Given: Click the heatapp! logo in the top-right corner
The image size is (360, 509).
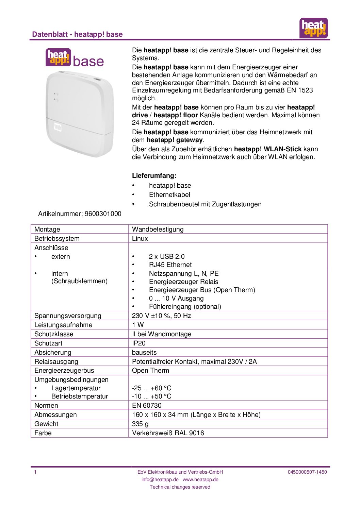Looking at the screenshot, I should [313, 28].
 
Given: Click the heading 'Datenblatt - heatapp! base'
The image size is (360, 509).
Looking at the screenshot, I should [77, 34].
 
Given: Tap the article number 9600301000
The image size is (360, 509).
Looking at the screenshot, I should [103, 214].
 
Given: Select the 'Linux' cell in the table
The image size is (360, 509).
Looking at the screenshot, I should [140, 238].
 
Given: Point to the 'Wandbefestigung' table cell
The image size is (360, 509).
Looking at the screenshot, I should [158, 229].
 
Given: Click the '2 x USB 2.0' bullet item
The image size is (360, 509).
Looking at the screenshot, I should [167, 256].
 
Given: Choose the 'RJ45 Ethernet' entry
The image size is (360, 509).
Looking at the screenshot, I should [170, 265].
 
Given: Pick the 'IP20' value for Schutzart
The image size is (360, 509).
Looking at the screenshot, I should [139, 343].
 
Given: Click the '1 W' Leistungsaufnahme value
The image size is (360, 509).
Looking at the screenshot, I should [138, 325].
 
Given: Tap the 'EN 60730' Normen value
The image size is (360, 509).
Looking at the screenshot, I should [147, 405].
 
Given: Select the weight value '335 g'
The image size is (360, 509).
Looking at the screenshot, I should [140, 424].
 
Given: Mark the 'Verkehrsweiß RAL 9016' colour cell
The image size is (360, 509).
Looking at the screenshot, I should [168, 433].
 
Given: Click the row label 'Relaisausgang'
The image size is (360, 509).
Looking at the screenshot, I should [56, 361].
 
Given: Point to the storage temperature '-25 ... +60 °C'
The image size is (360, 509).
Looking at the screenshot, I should [152, 388].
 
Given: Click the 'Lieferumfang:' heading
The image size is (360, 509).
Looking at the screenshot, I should [154, 176].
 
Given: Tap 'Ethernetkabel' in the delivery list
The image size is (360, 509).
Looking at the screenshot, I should [169, 194].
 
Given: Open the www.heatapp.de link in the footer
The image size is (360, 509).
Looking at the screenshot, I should [200, 479].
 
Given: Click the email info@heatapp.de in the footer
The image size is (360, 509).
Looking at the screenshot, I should [160, 479].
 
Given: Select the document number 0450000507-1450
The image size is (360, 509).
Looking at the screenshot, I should [307, 472].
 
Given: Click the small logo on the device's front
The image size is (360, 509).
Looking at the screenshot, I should [58, 127].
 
